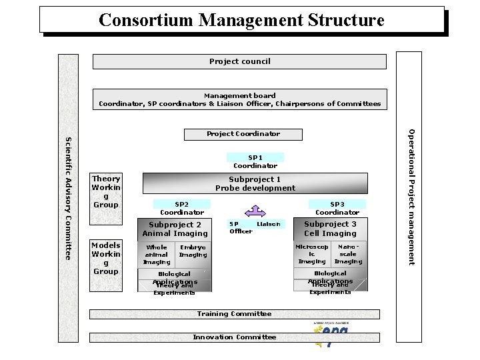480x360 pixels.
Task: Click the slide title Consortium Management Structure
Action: tap(241, 20)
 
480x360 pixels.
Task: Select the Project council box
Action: tap(239, 61)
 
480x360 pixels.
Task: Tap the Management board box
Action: tap(239, 99)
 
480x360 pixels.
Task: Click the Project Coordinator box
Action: tap(243, 134)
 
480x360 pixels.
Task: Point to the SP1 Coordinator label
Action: tap(255, 161)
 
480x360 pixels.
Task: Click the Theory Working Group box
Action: tap(106, 191)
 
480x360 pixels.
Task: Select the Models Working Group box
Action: tap(106, 258)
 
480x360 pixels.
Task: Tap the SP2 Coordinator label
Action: tap(181, 208)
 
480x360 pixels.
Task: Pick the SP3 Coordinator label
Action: tap(337, 208)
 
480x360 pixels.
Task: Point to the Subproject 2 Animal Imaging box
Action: tap(175, 229)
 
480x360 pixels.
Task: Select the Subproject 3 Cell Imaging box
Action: tap(330, 229)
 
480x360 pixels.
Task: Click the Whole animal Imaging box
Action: tap(157, 255)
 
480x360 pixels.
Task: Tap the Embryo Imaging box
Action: tap(193, 251)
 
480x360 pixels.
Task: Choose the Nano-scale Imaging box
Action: tap(348, 254)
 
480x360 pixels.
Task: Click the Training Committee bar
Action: tap(235, 314)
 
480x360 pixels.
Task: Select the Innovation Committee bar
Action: tap(235, 337)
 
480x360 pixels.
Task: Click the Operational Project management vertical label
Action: tap(411, 197)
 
